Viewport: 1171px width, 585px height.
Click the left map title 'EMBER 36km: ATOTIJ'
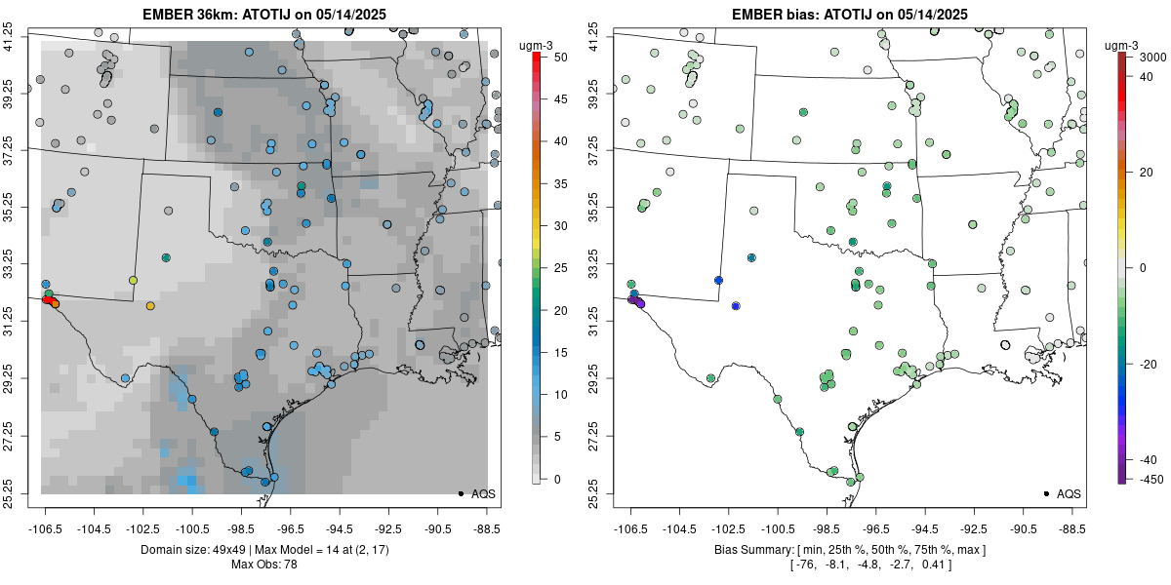(264, 14)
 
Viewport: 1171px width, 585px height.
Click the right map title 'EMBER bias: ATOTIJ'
(850, 14)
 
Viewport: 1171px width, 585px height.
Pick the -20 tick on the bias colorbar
(1143, 364)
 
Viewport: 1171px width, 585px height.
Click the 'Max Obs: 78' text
(264, 565)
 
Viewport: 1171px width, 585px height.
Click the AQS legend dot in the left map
(460, 494)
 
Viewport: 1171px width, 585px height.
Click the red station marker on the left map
(47, 300)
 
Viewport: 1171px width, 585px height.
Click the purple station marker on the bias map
(640, 304)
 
